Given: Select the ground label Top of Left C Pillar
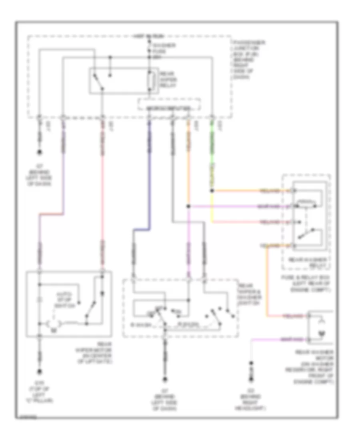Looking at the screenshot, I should [x=40, y=393].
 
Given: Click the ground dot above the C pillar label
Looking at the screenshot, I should [x=39, y=371].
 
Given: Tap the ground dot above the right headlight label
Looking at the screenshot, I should [x=252, y=364].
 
